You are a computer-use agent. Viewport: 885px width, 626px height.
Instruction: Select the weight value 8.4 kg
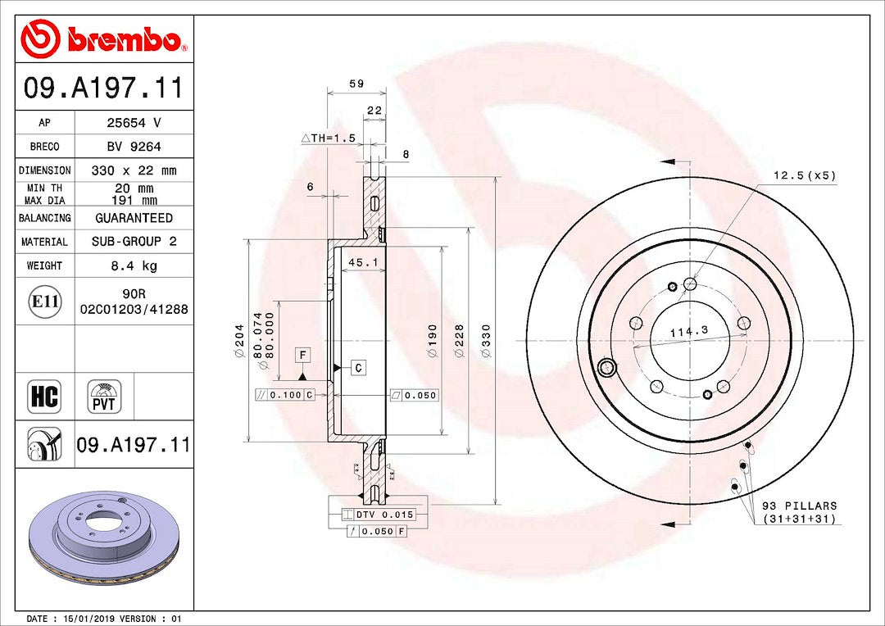pyautogui.click(x=134, y=265)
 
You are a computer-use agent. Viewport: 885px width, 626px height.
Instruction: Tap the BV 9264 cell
pyautogui.click(x=134, y=147)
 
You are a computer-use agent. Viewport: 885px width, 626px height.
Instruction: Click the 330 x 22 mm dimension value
pyautogui.click(x=134, y=170)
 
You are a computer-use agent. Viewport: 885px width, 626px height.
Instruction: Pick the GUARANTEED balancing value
pyautogui.click(x=134, y=218)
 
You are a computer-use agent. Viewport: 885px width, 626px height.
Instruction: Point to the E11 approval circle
pyautogui.click(x=44, y=302)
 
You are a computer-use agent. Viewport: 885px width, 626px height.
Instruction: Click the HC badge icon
pyautogui.click(x=44, y=396)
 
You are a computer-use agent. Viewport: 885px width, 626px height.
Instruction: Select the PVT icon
pyautogui.click(x=104, y=397)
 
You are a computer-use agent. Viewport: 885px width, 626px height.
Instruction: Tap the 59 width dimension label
pyautogui.click(x=356, y=84)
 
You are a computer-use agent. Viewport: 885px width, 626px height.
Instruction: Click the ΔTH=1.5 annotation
pyautogui.click(x=328, y=138)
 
